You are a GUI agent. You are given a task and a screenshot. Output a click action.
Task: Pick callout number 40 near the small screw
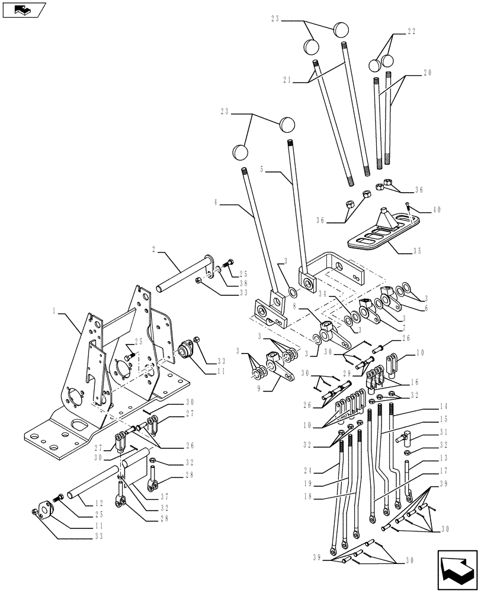coord(437,209)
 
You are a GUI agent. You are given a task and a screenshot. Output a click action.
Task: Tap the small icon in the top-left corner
coord(24,9)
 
